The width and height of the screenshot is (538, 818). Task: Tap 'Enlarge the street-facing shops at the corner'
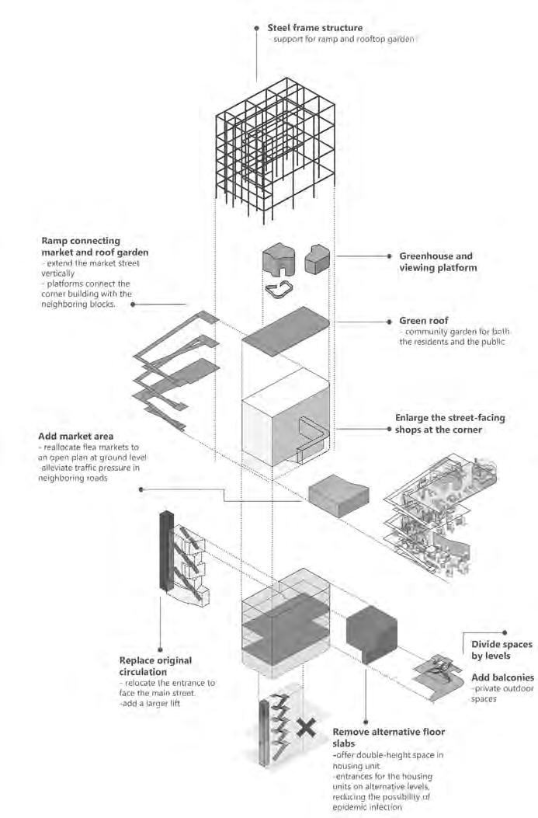(x=449, y=423)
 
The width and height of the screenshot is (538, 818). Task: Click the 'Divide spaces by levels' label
(x=501, y=650)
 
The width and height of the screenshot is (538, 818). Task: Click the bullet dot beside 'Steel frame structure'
(x=257, y=28)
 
